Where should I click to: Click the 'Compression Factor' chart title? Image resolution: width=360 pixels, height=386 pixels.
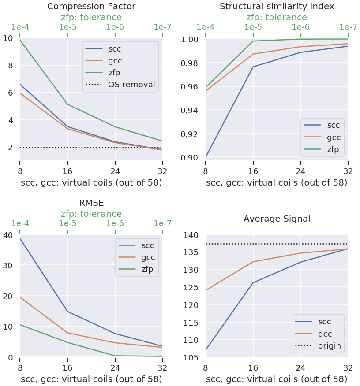pyautogui.click(x=91, y=7)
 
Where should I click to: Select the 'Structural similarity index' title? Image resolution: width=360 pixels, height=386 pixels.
pyautogui.click(x=277, y=7)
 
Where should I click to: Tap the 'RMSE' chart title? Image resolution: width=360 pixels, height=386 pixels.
pyautogui.click(x=91, y=203)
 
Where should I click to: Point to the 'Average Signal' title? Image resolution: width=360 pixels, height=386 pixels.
pyautogui.click(x=277, y=219)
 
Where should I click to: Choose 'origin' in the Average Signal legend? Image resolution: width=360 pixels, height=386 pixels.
pyautogui.click(x=330, y=346)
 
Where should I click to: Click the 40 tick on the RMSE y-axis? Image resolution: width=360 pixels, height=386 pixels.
pyautogui.click(x=7, y=235)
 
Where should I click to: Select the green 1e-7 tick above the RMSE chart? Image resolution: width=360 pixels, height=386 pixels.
pyautogui.click(x=162, y=223)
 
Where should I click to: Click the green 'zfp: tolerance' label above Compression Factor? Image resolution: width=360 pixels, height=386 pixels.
pyautogui.click(x=91, y=18)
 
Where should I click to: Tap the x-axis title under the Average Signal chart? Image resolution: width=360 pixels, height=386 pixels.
pyautogui.click(x=277, y=379)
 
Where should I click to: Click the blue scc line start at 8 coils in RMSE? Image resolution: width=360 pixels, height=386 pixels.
pyautogui.click(x=21, y=239)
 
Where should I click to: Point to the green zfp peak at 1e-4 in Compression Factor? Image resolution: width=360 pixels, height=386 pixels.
pyautogui.click(x=21, y=41)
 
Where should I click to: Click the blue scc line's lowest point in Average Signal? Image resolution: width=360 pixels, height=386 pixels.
pyautogui.click(x=206, y=349)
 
